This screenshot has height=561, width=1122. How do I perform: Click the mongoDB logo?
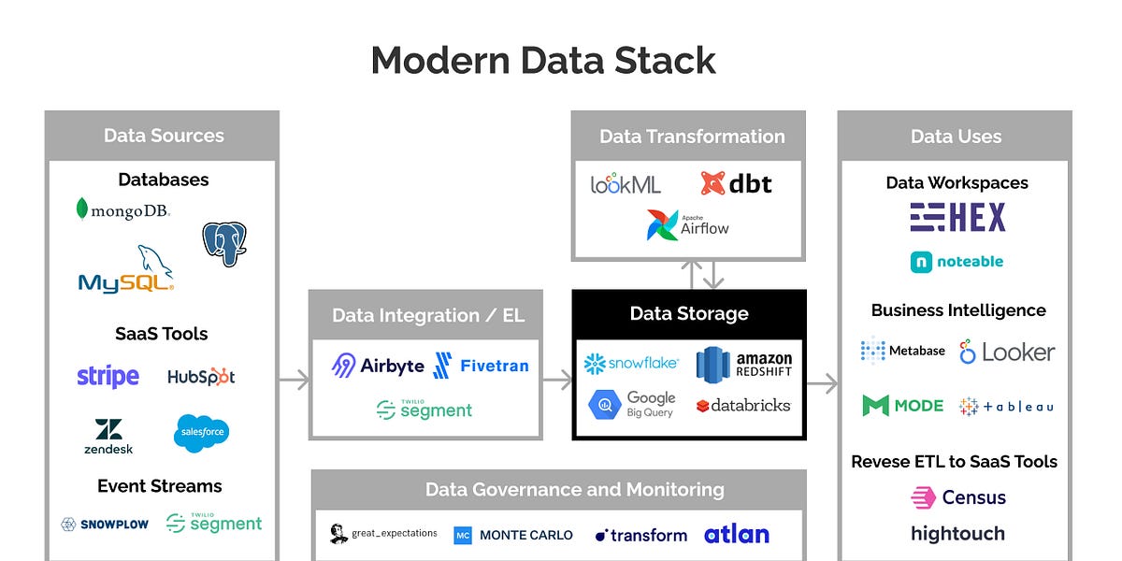[x=123, y=210]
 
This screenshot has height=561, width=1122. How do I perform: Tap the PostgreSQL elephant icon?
[x=224, y=244]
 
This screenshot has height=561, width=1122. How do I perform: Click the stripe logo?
[x=108, y=377]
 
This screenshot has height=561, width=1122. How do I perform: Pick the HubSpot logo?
[x=201, y=377]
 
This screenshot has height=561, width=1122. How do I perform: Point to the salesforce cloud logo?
[x=201, y=433]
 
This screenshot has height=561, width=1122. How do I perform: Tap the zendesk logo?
[x=108, y=436]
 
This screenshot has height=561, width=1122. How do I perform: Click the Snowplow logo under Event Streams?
[x=105, y=525]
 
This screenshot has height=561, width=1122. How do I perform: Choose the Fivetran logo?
[x=482, y=366]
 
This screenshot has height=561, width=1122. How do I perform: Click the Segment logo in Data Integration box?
[x=424, y=410]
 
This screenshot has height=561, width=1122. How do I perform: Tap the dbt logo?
[x=737, y=183]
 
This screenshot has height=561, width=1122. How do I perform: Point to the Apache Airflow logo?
[x=688, y=225]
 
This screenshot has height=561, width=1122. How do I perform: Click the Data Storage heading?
[x=689, y=314]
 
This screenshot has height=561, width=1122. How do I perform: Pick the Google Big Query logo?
[x=632, y=405]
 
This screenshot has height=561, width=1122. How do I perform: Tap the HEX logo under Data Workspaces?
[x=957, y=218]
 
